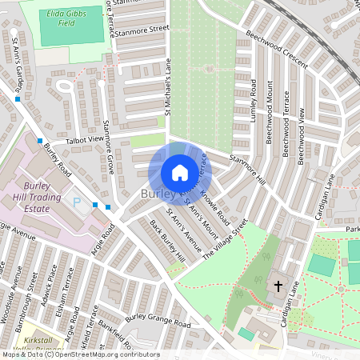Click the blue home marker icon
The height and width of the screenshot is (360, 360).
click(180, 172)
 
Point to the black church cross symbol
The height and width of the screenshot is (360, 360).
click(279, 285)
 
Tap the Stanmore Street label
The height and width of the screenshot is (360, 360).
click(142, 30)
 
